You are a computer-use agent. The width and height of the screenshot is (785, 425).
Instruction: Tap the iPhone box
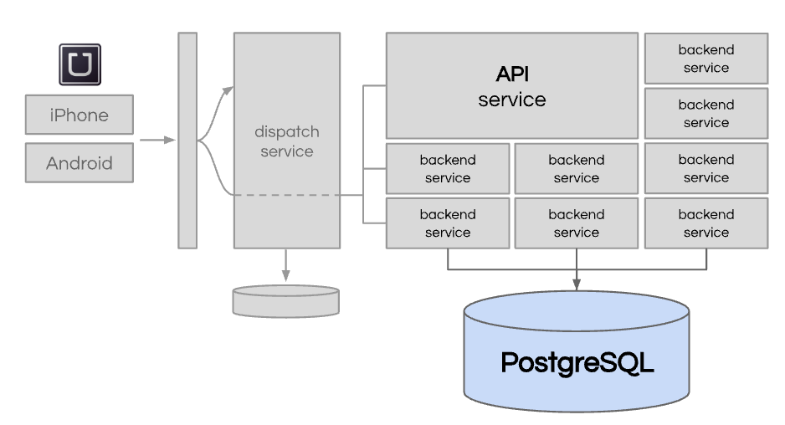tap(80, 115)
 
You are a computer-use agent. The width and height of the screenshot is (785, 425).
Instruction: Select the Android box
tap(80, 162)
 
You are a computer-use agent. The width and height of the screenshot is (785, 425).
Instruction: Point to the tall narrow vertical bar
tap(187, 140)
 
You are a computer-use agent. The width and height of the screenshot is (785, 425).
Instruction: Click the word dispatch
tap(287, 132)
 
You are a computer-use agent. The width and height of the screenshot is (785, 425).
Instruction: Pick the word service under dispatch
tap(287, 151)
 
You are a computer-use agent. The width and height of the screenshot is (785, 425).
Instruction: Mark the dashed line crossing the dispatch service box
tap(285, 196)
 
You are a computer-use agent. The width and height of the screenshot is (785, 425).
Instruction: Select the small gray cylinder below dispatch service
tap(286, 301)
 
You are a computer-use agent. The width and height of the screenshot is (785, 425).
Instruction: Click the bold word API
tap(512, 74)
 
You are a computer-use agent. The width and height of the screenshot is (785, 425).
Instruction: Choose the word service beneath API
tap(512, 100)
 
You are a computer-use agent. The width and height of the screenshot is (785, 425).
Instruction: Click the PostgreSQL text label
tap(577, 363)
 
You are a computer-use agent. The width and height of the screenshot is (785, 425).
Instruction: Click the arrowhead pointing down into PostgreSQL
tap(577, 285)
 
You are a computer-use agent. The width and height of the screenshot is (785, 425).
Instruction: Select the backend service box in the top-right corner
tap(706, 59)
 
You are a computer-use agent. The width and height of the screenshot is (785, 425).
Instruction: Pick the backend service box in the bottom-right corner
tap(706, 223)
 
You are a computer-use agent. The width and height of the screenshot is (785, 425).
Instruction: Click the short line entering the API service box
tap(374, 85)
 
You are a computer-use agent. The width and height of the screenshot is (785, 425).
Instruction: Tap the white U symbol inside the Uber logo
tap(80, 64)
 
